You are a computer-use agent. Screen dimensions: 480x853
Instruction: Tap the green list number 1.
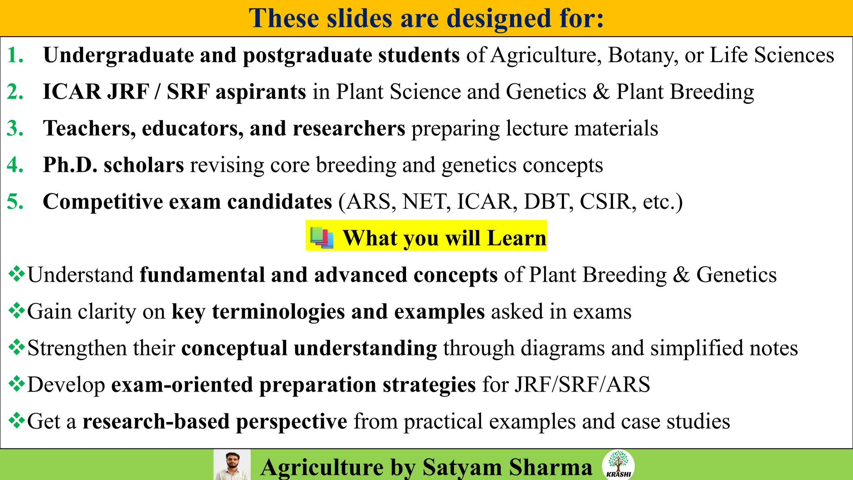pyautogui.click(x=15, y=55)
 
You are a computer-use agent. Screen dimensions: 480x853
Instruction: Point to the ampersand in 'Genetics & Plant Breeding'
pyautogui.click(x=601, y=92)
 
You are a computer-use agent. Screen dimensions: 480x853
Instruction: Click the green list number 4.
pyautogui.click(x=15, y=165)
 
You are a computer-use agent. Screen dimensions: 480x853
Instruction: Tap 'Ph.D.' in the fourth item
pyautogui.click(x=70, y=165)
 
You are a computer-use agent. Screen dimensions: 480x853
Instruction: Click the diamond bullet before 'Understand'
pyautogui.click(x=17, y=275)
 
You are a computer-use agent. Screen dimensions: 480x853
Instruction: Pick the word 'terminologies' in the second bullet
pyautogui.click(x=278, y=312)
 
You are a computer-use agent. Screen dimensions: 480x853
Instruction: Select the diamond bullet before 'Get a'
pyautogui.click(x=17, y=421)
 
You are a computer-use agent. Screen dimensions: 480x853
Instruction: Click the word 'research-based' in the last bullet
pyautogui.click(x=156, y=421)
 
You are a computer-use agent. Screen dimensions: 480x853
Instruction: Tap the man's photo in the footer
pyautogui.click(x=232, y=465)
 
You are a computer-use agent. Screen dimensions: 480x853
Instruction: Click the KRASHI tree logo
pyautogui.click(x=619, y=465)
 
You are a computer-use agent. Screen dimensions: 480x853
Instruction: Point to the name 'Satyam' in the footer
pyautogui.click(x=462, y=467)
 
